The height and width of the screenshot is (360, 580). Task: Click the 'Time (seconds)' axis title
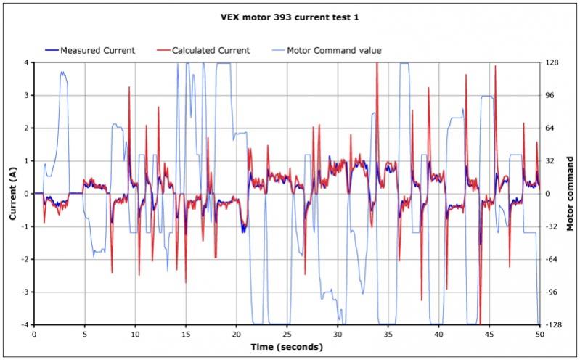(x=287, y=348)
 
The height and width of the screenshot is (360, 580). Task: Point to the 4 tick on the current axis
(x=26, y=63)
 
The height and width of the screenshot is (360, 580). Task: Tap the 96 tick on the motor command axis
(x=552, y=96)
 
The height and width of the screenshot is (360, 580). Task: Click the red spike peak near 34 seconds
(x=377, y=65)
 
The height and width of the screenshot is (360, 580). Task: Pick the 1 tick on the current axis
(x=26, y=161)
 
